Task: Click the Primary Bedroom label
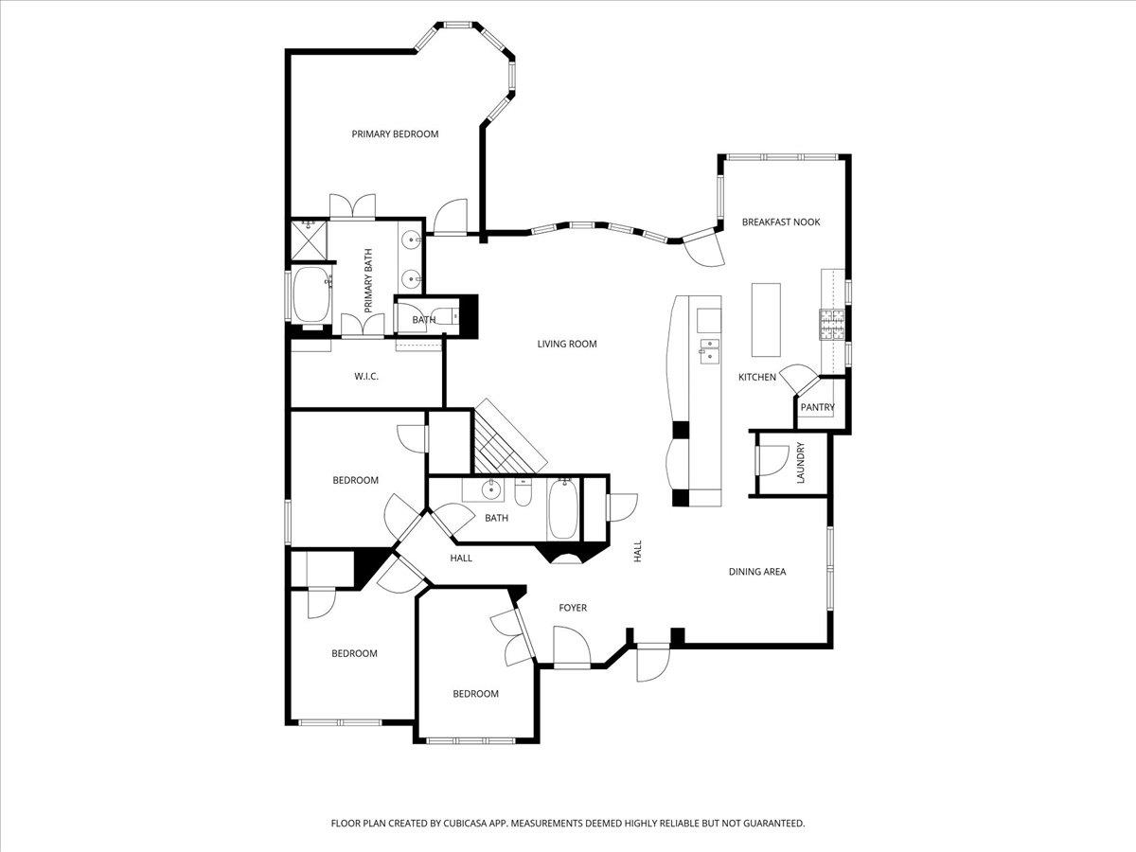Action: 395,134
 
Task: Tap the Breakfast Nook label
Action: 780,222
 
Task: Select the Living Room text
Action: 567,345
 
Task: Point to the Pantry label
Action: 817,408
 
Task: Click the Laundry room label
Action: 800,463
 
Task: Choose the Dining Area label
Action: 756,572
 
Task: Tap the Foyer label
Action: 572,608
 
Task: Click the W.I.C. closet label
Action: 366,377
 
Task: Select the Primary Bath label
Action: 368,281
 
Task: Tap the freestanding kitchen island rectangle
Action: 766,317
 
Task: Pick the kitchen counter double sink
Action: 708,348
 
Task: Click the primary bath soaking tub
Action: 311,295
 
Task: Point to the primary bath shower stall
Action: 309,239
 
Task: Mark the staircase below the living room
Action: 506,438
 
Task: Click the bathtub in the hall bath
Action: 562,509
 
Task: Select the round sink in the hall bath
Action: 490,490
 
